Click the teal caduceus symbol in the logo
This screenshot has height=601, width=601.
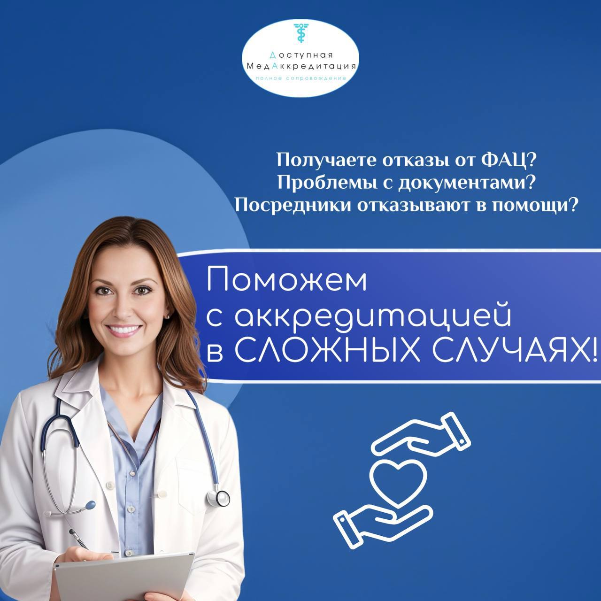[301, 33]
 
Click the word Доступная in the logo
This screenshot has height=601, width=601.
[301, 55]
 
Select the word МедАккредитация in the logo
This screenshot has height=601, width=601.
[301, 66]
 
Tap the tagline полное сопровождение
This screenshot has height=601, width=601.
[300, 78]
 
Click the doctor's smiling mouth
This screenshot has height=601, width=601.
[124, 330]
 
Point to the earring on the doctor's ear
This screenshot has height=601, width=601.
[169, 317]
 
